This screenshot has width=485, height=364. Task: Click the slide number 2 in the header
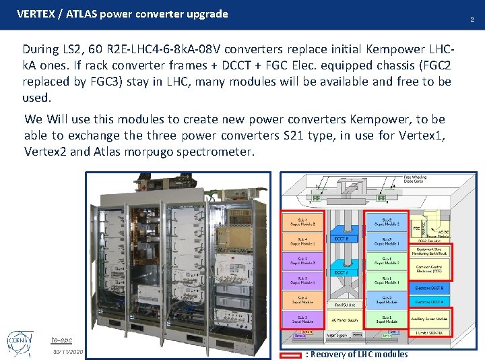(x=472, y=20)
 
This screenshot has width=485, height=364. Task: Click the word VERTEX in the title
(x=36, y=13)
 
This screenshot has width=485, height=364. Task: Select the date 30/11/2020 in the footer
(x=68, y=353)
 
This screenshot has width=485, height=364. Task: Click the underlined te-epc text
(x=62, y=340)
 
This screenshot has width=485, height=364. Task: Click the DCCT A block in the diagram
(x=342, y=272)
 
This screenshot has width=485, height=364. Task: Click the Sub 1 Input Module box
(x=387, y=320)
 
